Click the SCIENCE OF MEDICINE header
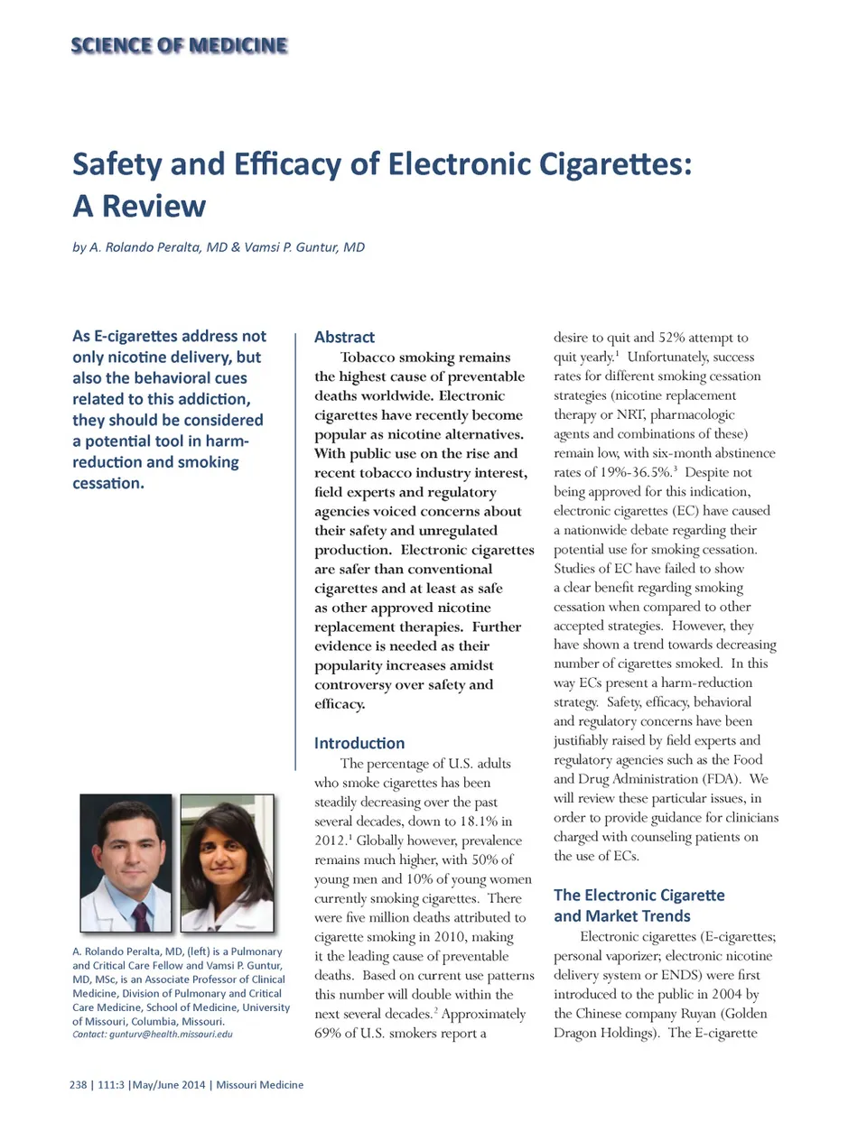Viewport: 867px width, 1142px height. (x=179, y=45)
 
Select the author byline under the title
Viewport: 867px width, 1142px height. (x=219, y=247)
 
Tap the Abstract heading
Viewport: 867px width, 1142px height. (x=344, y=338)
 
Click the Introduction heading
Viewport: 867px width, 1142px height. (x=359, y=743)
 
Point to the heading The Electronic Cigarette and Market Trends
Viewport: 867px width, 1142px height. (x=639, y=905)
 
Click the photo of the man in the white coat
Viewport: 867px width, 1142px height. (x=126, y=862)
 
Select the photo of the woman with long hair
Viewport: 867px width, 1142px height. (x=227, y=862)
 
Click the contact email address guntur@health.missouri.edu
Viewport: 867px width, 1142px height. (x=171, y=1035)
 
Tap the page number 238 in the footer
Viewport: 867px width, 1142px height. (x=78, y=1085)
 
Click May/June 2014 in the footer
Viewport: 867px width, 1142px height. (x=169, y=1085)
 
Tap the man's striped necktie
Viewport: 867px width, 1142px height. (x=140, y=915)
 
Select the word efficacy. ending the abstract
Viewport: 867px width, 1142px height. (x=340, y=704)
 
